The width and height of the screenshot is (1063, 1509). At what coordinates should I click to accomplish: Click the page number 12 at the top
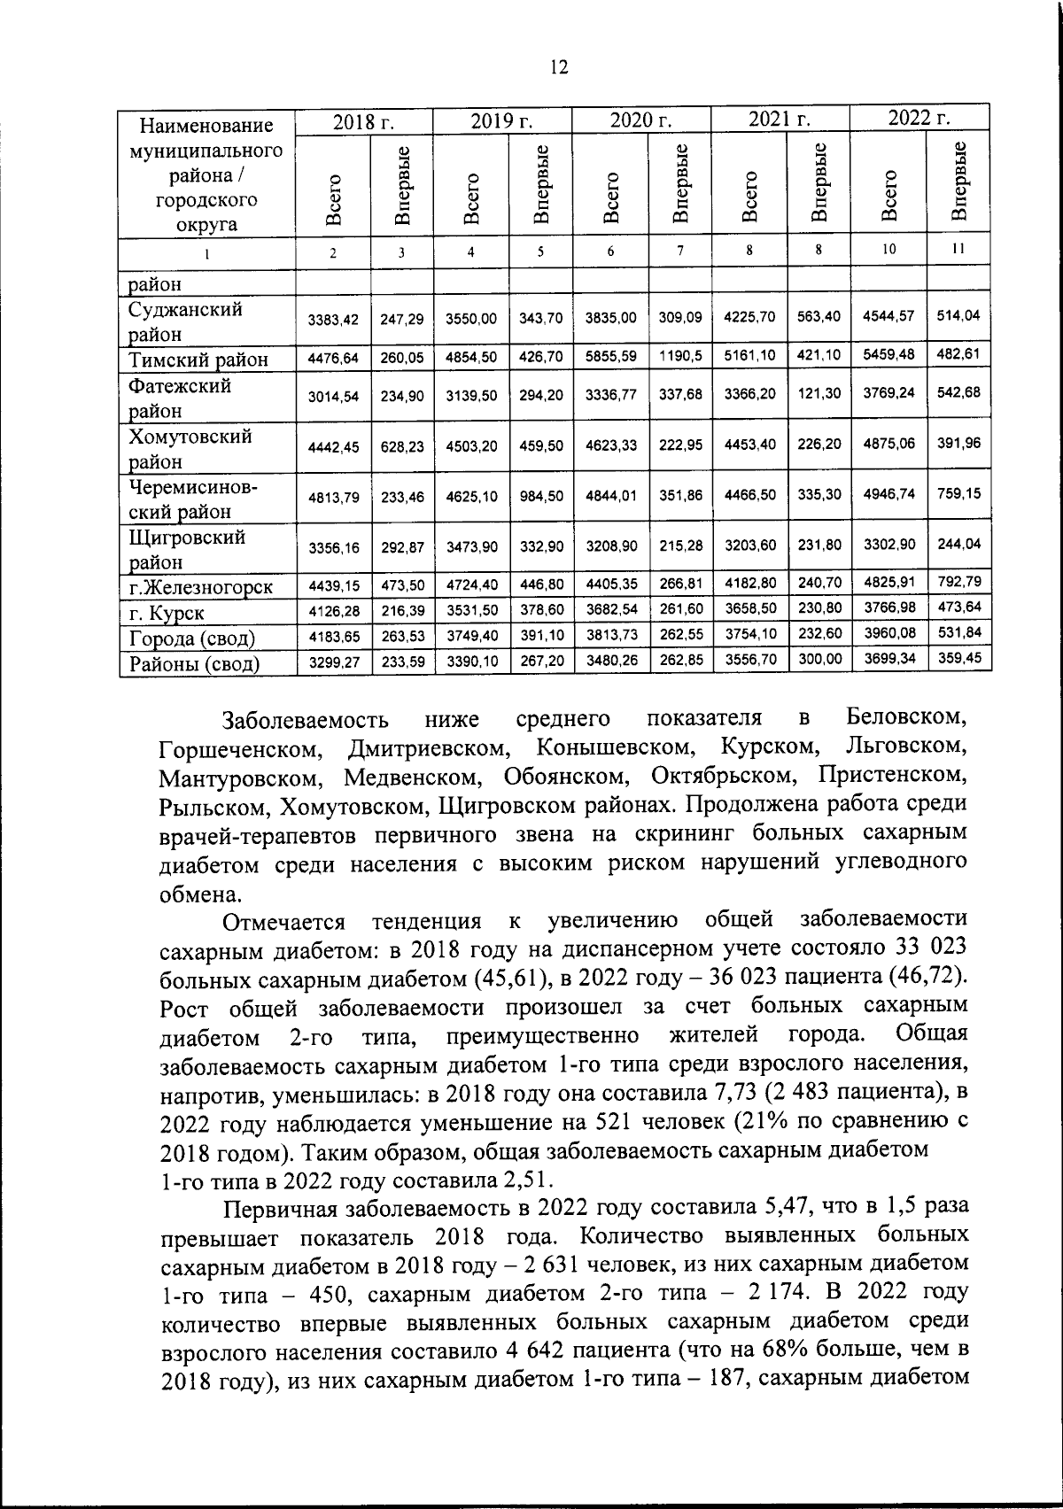(x=558, y=68)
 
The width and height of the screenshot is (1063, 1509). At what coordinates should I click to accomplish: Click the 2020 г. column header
(x=641, y=120)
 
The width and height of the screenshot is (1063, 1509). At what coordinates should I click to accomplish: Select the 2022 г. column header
(x=919, y=119)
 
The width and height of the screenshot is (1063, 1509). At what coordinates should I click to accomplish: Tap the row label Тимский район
(x=198, y=360)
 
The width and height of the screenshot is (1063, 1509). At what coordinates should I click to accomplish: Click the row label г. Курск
(x=167, y=613)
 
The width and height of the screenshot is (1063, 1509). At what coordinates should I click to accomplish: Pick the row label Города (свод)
(x=192, y=638)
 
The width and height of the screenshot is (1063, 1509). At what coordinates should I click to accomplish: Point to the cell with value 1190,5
(x=680, y=356)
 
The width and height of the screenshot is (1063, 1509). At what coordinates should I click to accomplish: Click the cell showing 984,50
(x=542, y=497)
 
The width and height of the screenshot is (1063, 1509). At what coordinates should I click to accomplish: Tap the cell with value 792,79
(x=958, y=583)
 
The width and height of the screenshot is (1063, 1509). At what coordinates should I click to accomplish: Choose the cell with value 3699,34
(x=888, y=658)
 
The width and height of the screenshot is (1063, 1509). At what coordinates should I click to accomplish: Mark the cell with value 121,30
(x=819, y=393)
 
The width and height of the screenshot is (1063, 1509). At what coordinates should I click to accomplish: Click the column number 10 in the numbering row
(x=888, y=250)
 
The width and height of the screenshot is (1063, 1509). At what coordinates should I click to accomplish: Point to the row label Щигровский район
(x=187, y=549)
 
